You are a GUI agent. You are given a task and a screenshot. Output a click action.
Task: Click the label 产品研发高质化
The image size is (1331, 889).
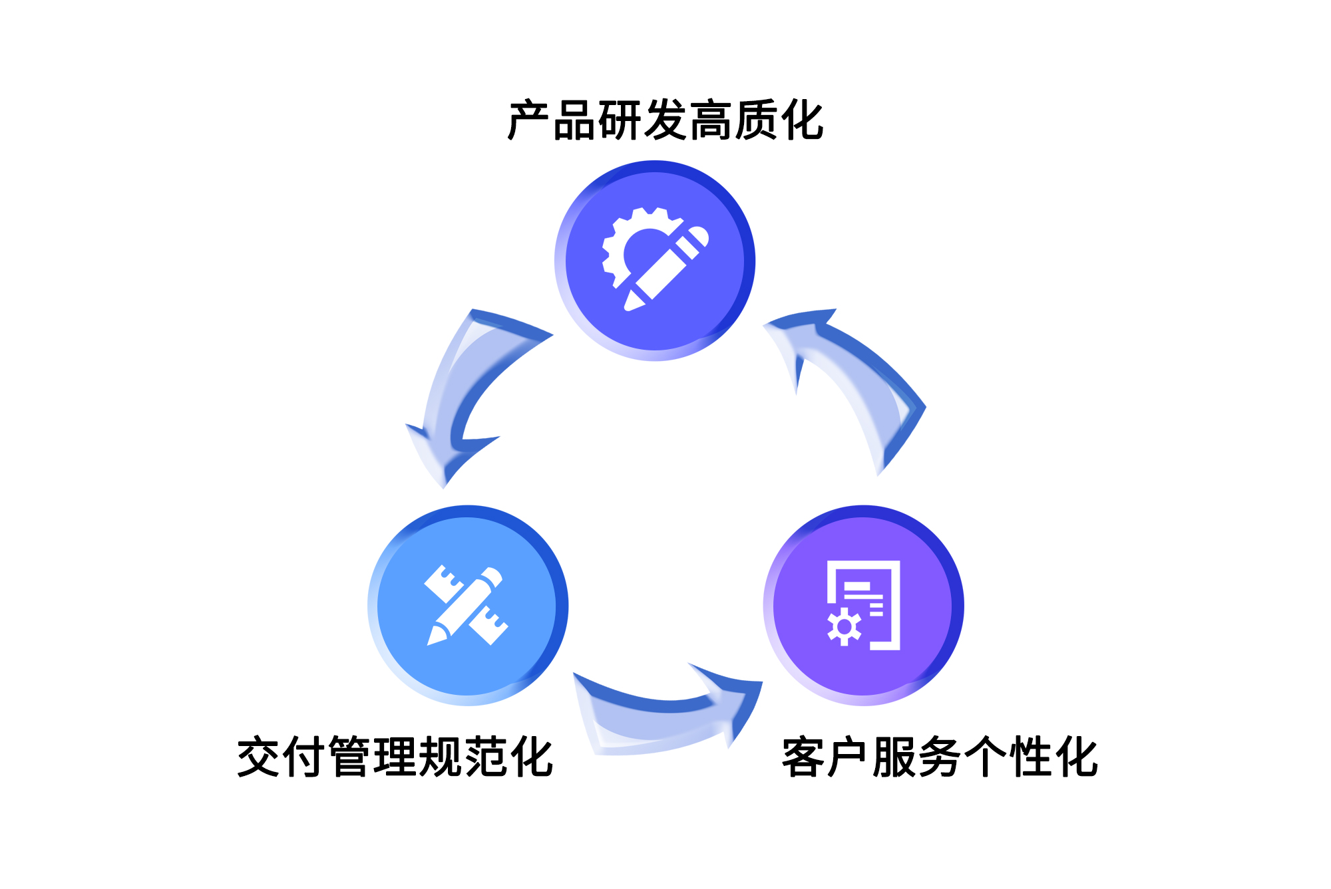pyautogui.click(x=665, y=121)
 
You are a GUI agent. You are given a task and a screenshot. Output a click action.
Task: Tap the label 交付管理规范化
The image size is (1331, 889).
pyautogui.click(x=395, y=757)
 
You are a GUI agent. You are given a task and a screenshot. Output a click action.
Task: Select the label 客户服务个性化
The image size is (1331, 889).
pyautogui.click(x=940, y=757)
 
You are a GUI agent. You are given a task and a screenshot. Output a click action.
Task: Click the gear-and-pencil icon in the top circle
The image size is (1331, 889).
pyautogui.click(x=655, y=259)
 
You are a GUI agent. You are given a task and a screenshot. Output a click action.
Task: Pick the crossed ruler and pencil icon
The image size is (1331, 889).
pyautogui.click(x=467, y=605)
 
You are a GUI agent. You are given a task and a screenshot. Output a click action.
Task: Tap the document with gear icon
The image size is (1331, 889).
pyautogui.click(x=864, y=605)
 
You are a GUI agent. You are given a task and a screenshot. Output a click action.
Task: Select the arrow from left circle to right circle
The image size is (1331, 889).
pyautogui.click(x=665, y=715)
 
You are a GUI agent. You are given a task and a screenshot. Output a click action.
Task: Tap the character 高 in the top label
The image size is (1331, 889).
pyautogui.click(x=711, y=121)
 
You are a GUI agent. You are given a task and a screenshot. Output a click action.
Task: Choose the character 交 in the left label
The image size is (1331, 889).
pyautogui.click(x=260, y=757)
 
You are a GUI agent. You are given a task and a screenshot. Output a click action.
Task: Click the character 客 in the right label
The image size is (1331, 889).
pyautogui.click(x=804, y=757)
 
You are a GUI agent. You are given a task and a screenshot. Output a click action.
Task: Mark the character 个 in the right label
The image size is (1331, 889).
pyautogui.click(x=986, y=757)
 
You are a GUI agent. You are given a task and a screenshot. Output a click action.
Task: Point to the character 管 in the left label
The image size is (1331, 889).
pyautogui.click(x=350, y=757)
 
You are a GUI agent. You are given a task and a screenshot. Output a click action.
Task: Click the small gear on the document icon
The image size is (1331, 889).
pyautogui.click(x=845, y=627)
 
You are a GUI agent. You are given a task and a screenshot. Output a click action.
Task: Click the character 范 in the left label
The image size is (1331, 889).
pyautogui.click(x=486, y=757)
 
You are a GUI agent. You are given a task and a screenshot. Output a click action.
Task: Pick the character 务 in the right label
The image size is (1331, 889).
pyautogui.click(x=940, y=757)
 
